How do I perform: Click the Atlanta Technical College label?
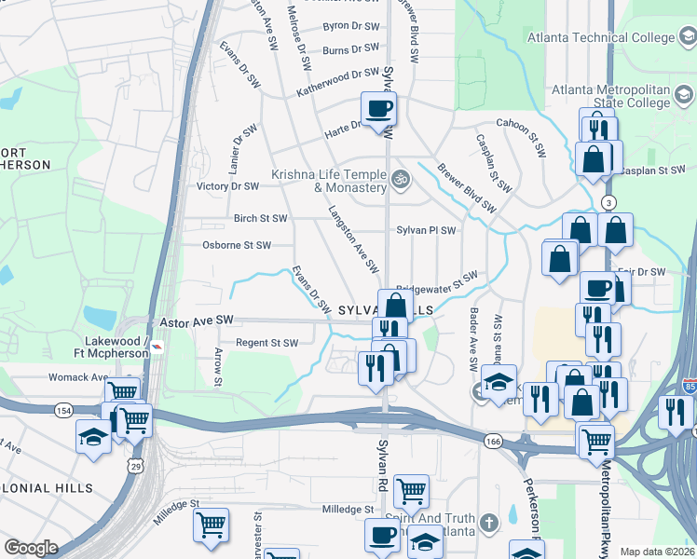click(600, 38)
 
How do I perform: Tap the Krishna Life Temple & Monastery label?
click(329, 181)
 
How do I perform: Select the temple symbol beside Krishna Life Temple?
click(401, 177)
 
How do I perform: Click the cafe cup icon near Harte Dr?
click(379, 109)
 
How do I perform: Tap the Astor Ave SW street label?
click(197, 320)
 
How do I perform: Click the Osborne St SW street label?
click(237, 246)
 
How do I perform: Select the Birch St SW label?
click(260, 219)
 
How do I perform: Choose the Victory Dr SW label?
click(227, 186)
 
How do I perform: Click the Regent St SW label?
click(266, 343)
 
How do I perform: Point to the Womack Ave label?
click(79, 377)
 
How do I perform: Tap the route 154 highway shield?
click(63, 410)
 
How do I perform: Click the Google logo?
click(30, 548)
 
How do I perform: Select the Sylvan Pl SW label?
click(426, 230)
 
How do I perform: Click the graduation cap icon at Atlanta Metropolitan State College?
click(684, 95)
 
